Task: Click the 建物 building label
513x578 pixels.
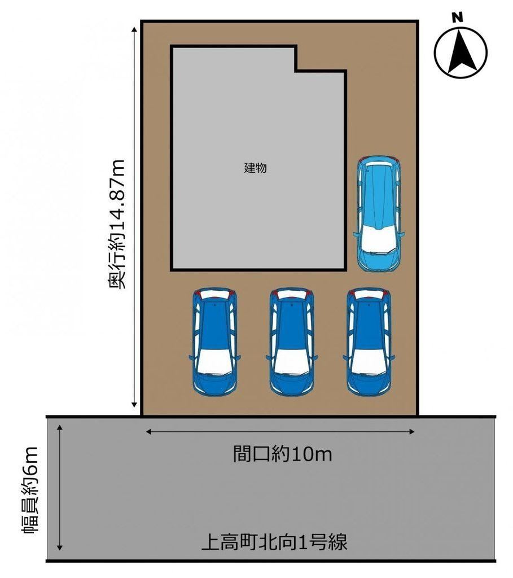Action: [x=255, y=168]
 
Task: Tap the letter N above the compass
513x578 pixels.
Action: [x=458, y=17]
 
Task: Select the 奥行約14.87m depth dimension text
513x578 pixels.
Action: [x=117, y=224]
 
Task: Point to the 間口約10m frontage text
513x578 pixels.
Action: [x=282, y=454]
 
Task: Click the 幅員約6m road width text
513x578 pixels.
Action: [x=31, y=491]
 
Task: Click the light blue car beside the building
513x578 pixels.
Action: [x=379, y=214]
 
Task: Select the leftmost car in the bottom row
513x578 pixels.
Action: [x=214, y=341]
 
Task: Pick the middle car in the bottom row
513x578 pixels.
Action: [x=292, y=341]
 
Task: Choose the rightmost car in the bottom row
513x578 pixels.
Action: [x=369, y=341]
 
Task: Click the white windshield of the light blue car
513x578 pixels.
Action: [x=379, y=238]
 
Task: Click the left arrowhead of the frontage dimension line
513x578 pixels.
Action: [x=149, y=432]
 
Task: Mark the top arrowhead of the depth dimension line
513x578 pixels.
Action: [x=135, y=29]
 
